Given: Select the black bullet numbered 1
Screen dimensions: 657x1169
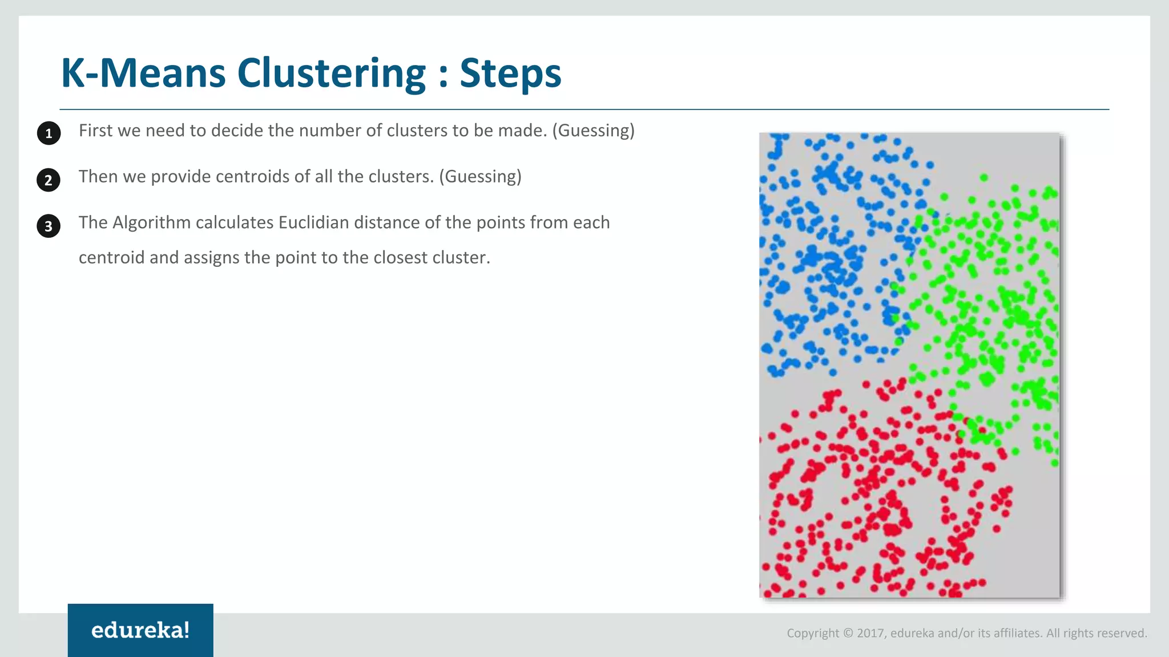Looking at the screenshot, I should coord(49,133).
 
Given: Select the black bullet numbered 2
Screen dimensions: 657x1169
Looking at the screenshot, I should coord(49,180).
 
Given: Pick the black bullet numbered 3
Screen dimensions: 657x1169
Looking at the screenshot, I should coord(49,226).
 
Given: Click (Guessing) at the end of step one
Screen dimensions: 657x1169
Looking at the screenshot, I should coord(593,131).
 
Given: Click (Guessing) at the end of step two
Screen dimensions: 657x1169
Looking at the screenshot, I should coord(480,177).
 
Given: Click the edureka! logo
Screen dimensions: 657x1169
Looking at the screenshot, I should coord(140,630).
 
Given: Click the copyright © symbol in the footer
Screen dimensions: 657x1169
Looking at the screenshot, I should coord(848,633).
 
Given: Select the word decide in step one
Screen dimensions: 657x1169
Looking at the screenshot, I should coord(237,131).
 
